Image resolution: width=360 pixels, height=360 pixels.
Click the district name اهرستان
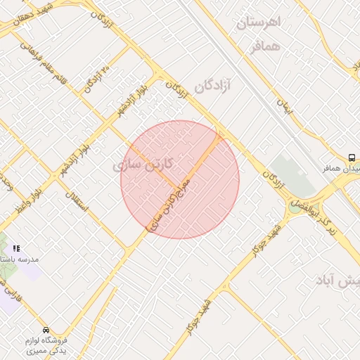pyautogui.click(x=258, y=22)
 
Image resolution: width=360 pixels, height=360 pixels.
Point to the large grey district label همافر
pyautogui.click(x=265, y=46)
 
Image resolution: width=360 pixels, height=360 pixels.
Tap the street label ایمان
pyautogui.click(x=283, y=106)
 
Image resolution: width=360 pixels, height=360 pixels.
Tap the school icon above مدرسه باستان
pyautogui.click(x=16, y=248)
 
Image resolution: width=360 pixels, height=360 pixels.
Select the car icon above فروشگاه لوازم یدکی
pyautogui.click(x=46, y=330)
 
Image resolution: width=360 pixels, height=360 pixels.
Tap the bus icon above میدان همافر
pyautogui.click(x=352, y=157)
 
